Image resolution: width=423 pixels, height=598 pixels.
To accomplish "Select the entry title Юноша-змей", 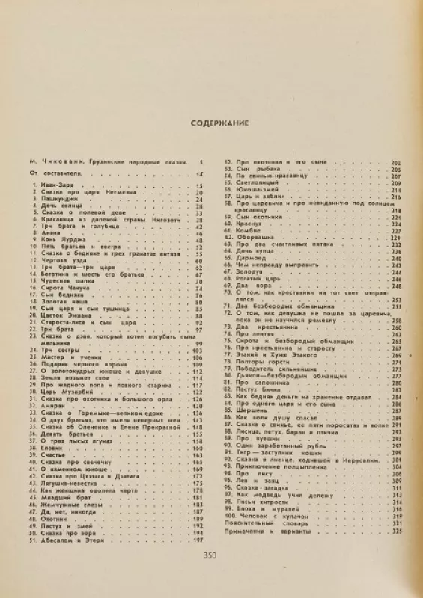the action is [252, 191].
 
